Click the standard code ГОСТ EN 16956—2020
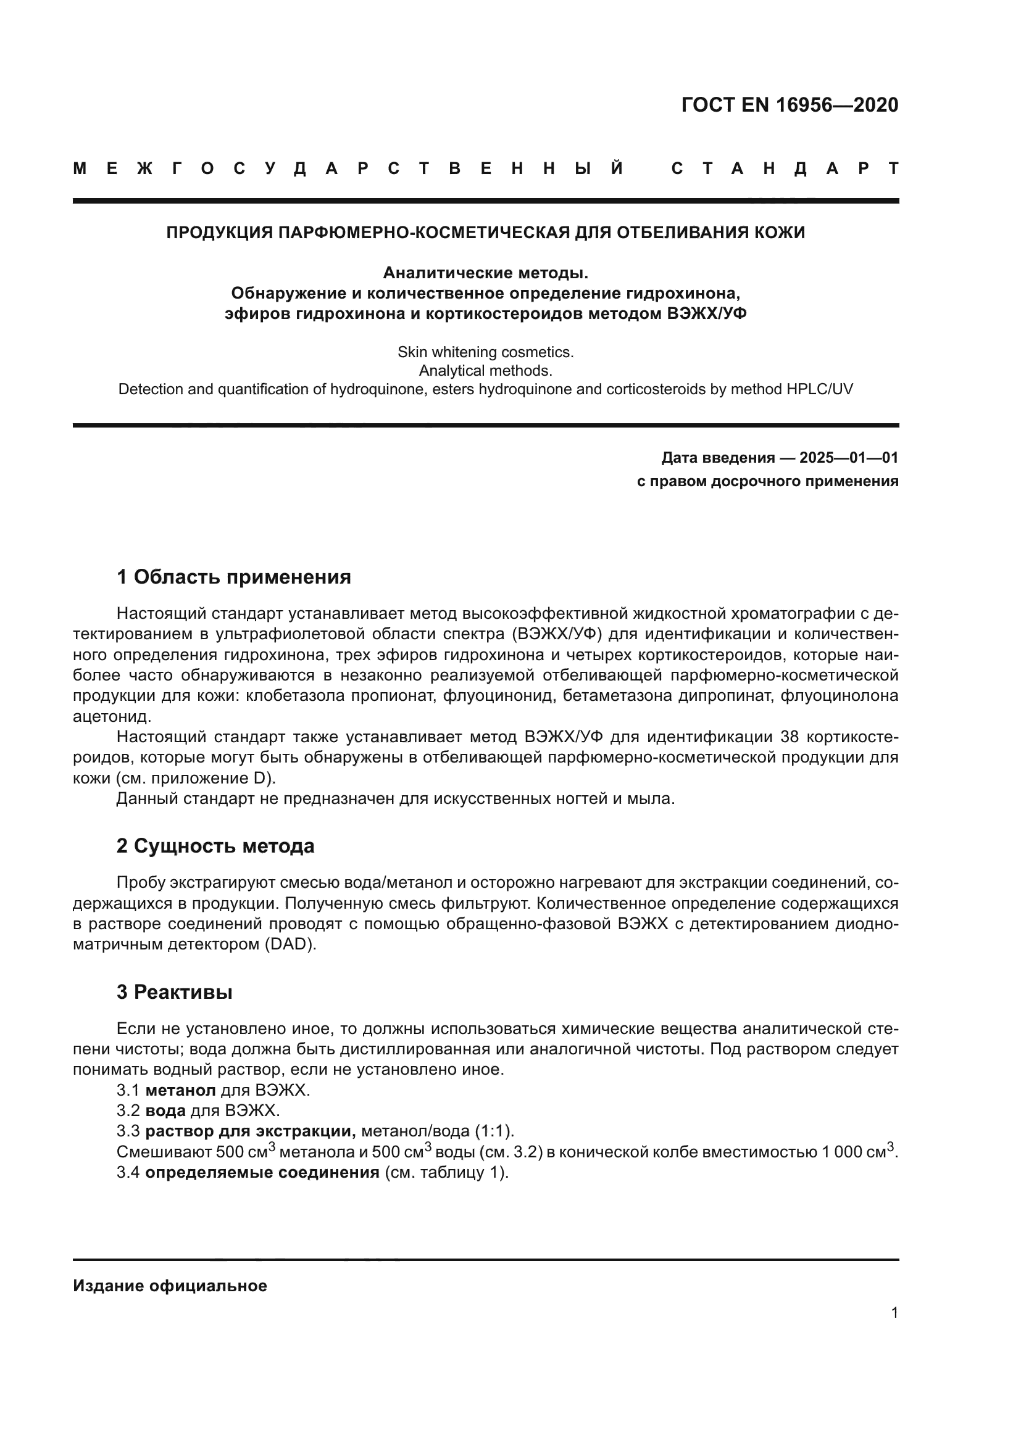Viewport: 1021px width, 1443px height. click(x=790, y=105)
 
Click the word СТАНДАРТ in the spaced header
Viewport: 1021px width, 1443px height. click(x=785, y=169)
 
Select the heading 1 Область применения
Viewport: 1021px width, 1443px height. click(x=233, y=576)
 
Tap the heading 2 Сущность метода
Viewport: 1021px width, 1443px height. click(x=215, y=846)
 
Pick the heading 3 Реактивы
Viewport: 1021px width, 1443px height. click(x=174, y=992)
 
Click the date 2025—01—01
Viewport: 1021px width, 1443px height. click(x=849, y=458)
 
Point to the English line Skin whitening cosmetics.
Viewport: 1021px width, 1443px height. click(x=485, y=352)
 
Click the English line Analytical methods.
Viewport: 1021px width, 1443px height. click(x=485, y=371)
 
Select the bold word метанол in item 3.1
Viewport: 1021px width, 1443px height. click(x=180, y=1090)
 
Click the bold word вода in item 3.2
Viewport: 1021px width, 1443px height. click(x=165, y=1110)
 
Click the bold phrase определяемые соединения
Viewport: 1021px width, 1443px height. click(x=262, y=1172)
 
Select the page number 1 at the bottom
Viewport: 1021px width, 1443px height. click(x=894, y=1312)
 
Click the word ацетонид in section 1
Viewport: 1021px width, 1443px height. click(x=111, y=716)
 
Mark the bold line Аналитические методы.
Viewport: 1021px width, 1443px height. click(x=485, y=273)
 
